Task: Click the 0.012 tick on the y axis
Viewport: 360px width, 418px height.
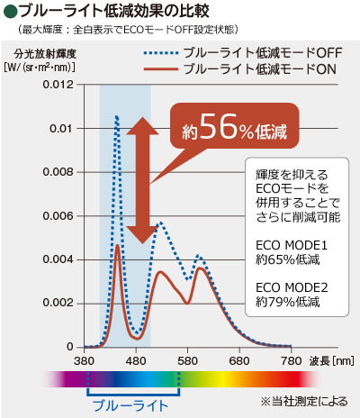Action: [57, 85]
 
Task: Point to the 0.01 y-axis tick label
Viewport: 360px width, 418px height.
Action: [60, 128]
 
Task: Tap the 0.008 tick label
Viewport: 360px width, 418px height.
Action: [57, 172]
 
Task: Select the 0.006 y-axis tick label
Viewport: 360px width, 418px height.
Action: [57, 215]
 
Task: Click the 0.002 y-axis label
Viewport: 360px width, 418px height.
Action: [57, 303]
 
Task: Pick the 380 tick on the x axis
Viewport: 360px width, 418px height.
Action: [85, 360]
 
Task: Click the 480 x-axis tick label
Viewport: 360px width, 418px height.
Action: [136, 360]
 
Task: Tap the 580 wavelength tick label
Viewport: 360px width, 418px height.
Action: [188, 360]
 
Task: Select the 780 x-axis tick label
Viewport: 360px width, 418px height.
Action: [292, 360]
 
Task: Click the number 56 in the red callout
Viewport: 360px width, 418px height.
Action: [220, 129]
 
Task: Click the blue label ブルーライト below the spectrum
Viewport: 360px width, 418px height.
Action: [130, 406]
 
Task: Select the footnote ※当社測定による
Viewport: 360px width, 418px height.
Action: [303, 400]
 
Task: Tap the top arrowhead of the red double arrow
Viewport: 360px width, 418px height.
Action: [140, 123]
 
